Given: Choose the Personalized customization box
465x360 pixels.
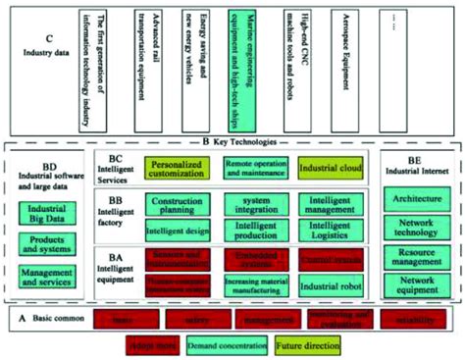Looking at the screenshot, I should click(180, 169).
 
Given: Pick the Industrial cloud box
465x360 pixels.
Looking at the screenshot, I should click(331, 169).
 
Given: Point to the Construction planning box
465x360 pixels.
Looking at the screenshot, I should click(180, 205).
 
